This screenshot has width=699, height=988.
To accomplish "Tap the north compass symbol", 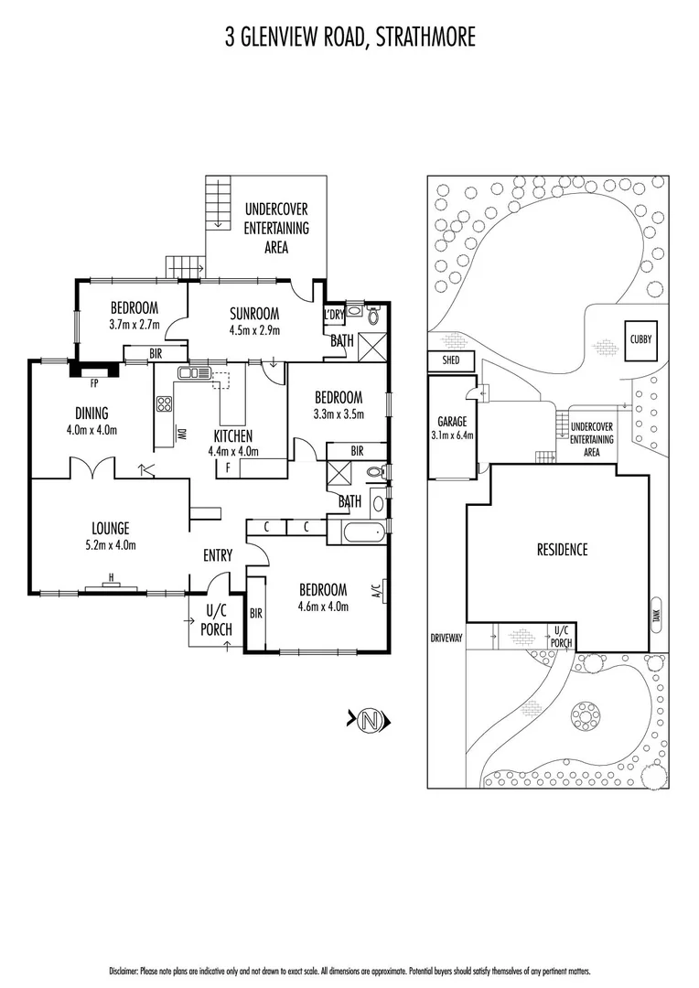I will tap(370, 720).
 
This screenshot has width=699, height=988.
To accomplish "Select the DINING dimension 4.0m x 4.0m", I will tap(91, 430).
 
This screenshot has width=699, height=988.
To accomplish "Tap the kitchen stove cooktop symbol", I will tap(165, 404).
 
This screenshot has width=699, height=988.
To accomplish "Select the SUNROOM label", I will tap(253, 314).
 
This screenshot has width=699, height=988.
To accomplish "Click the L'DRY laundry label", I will tap(333, 315).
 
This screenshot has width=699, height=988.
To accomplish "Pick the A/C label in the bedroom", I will tap(376, 592).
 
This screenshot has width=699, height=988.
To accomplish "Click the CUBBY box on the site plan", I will tap(640, 338).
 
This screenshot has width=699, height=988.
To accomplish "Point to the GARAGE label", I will tap(452, 421).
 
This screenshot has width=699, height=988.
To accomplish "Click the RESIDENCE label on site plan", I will tap(562, 550).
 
